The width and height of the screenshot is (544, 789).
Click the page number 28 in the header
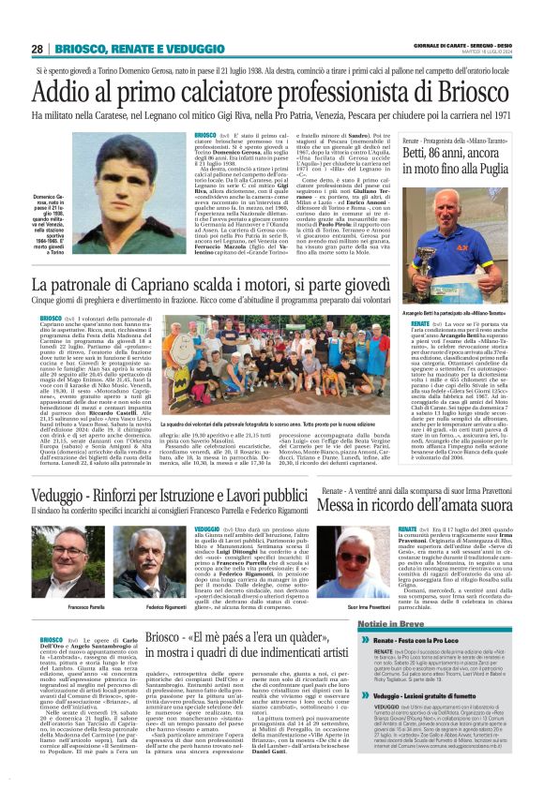tap(37, 49)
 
